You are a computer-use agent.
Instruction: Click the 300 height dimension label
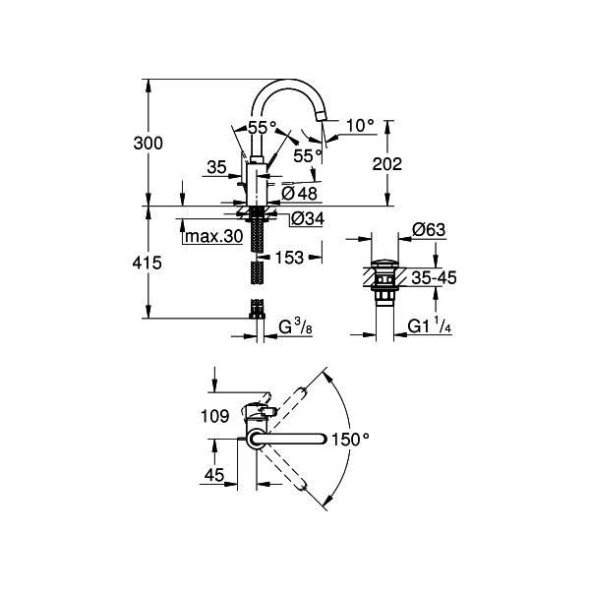point(147,144)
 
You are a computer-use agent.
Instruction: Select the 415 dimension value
point(147,263)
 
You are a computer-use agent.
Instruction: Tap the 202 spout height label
point(386,164)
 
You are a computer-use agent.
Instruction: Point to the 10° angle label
point(360,125)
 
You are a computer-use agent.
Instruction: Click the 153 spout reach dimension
point(289,258)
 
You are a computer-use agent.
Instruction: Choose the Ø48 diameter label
point(300,194)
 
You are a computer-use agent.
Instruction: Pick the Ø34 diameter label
point(308,218)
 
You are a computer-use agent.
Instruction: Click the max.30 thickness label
point(213,236)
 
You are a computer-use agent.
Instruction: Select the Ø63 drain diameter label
point(429,229)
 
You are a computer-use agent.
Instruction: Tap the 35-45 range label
point(434,278)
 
